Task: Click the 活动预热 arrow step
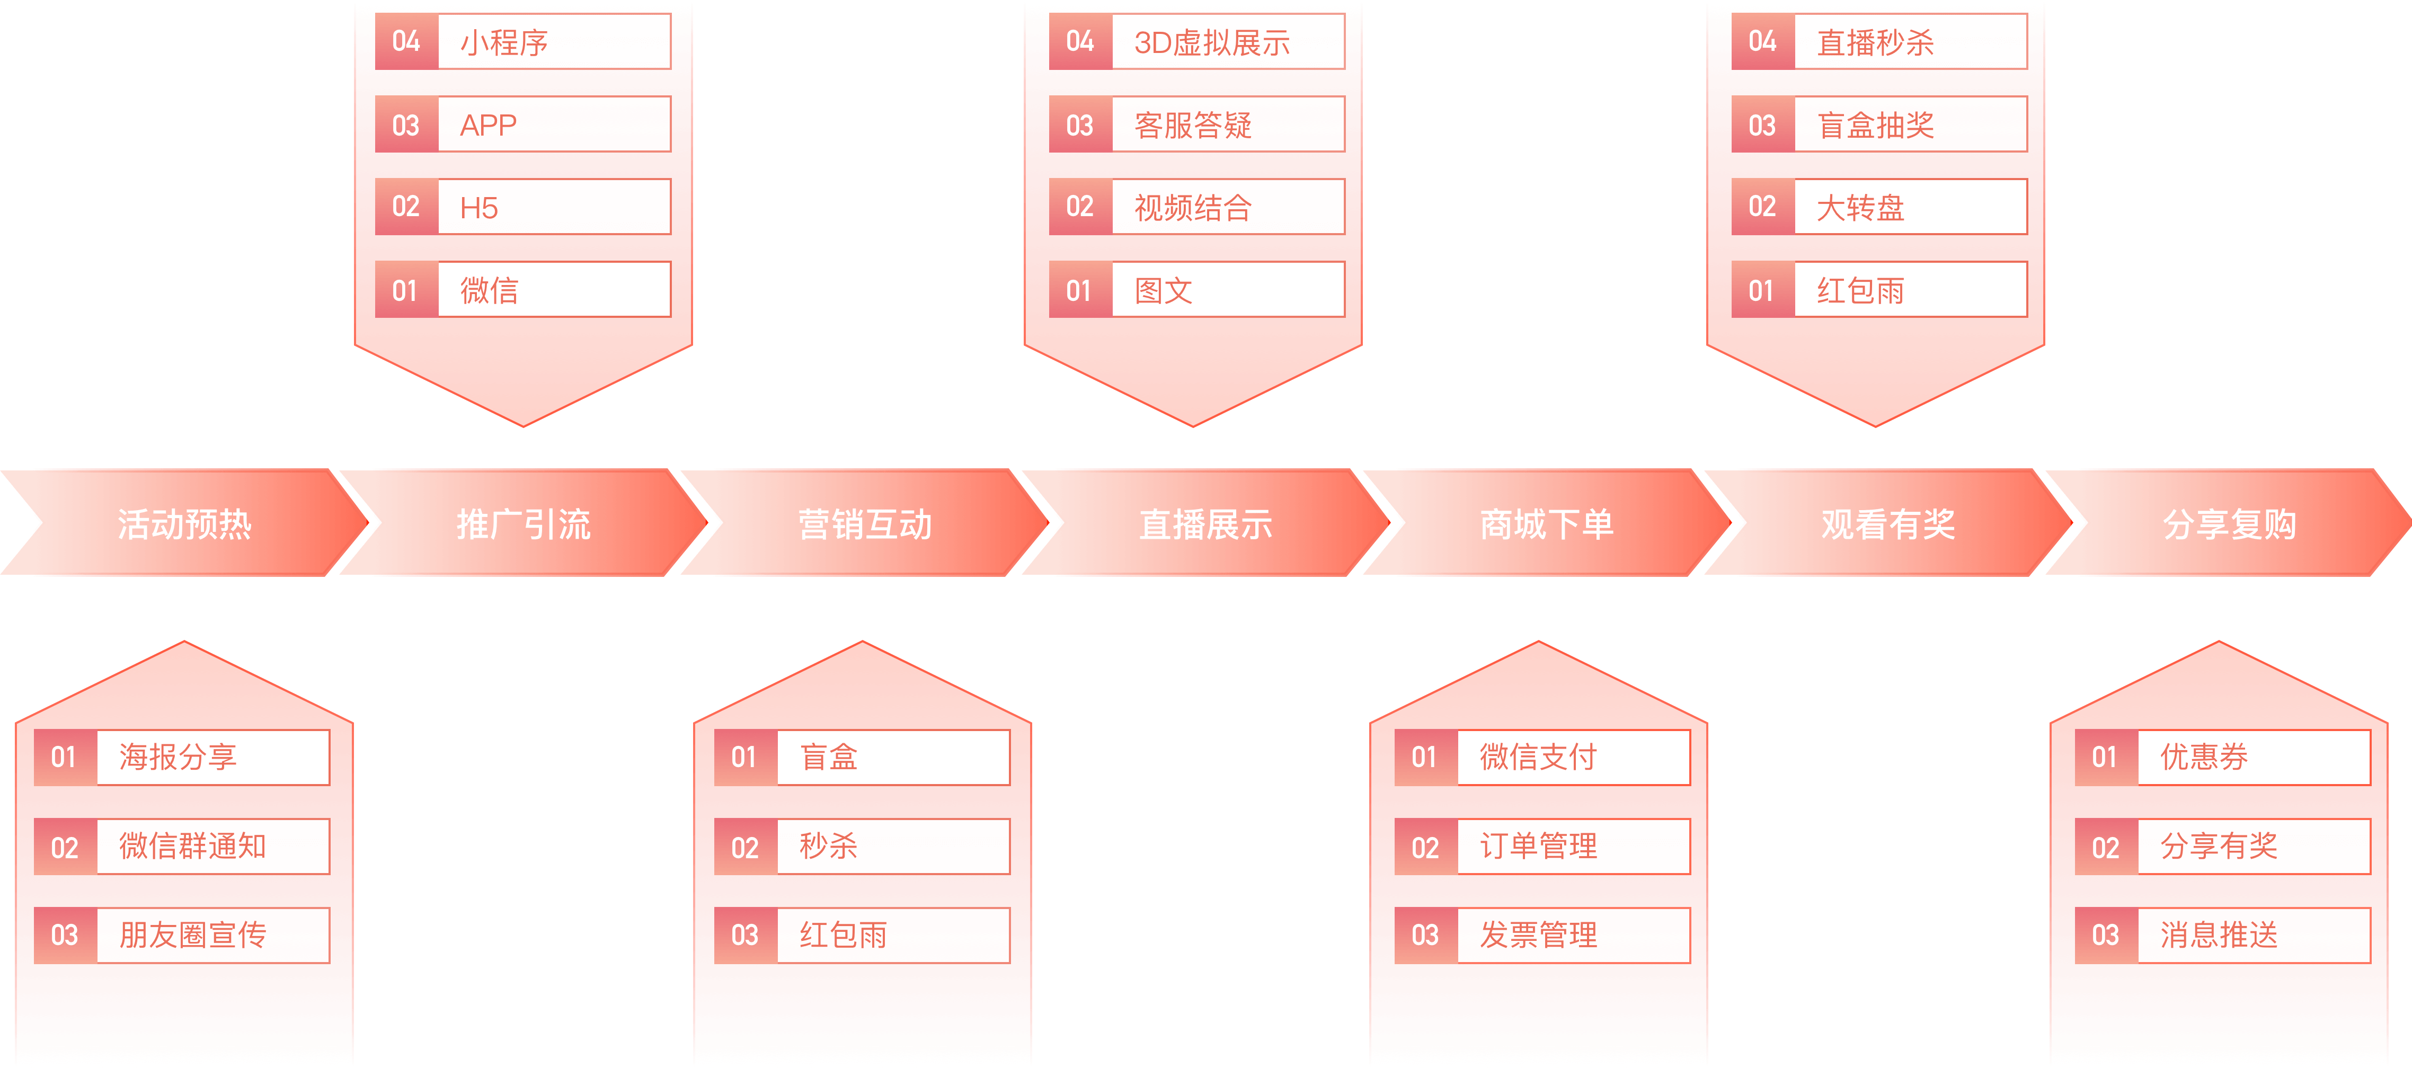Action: (184, 523)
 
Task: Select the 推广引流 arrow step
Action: (524, 523)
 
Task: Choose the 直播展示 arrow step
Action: (1205, 523)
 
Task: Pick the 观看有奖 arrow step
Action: (1887, 523)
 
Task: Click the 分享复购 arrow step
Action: (2229, 523)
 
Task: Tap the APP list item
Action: (553, 124)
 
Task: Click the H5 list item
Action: (553, 207)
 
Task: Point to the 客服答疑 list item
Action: (1227, 124)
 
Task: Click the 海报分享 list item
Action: (211, 756)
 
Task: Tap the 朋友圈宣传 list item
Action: (211, 934)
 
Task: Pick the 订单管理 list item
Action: (1572, 846)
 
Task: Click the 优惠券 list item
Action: (2253, 756)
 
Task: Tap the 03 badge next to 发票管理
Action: (1425, 934)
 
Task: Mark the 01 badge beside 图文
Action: (1079, 290)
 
